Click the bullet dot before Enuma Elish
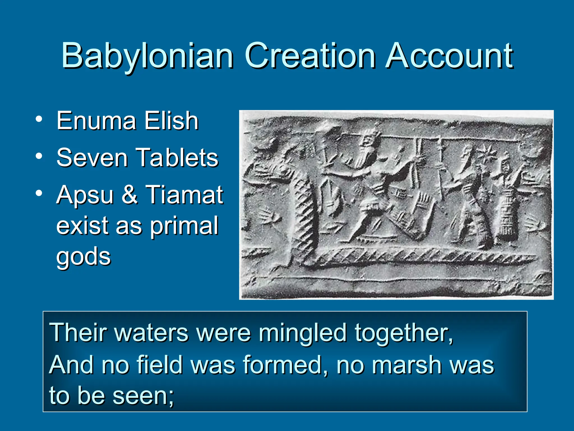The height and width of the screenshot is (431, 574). pos(39,119)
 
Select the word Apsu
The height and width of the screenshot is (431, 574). pos(85,196)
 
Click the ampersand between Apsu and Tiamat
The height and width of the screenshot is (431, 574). pos(129,194)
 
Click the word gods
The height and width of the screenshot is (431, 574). pos(84,257)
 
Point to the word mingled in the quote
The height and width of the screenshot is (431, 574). pos(302,333)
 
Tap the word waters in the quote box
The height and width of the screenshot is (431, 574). pos(152,333)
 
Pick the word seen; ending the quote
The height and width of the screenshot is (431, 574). pos(143,396)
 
